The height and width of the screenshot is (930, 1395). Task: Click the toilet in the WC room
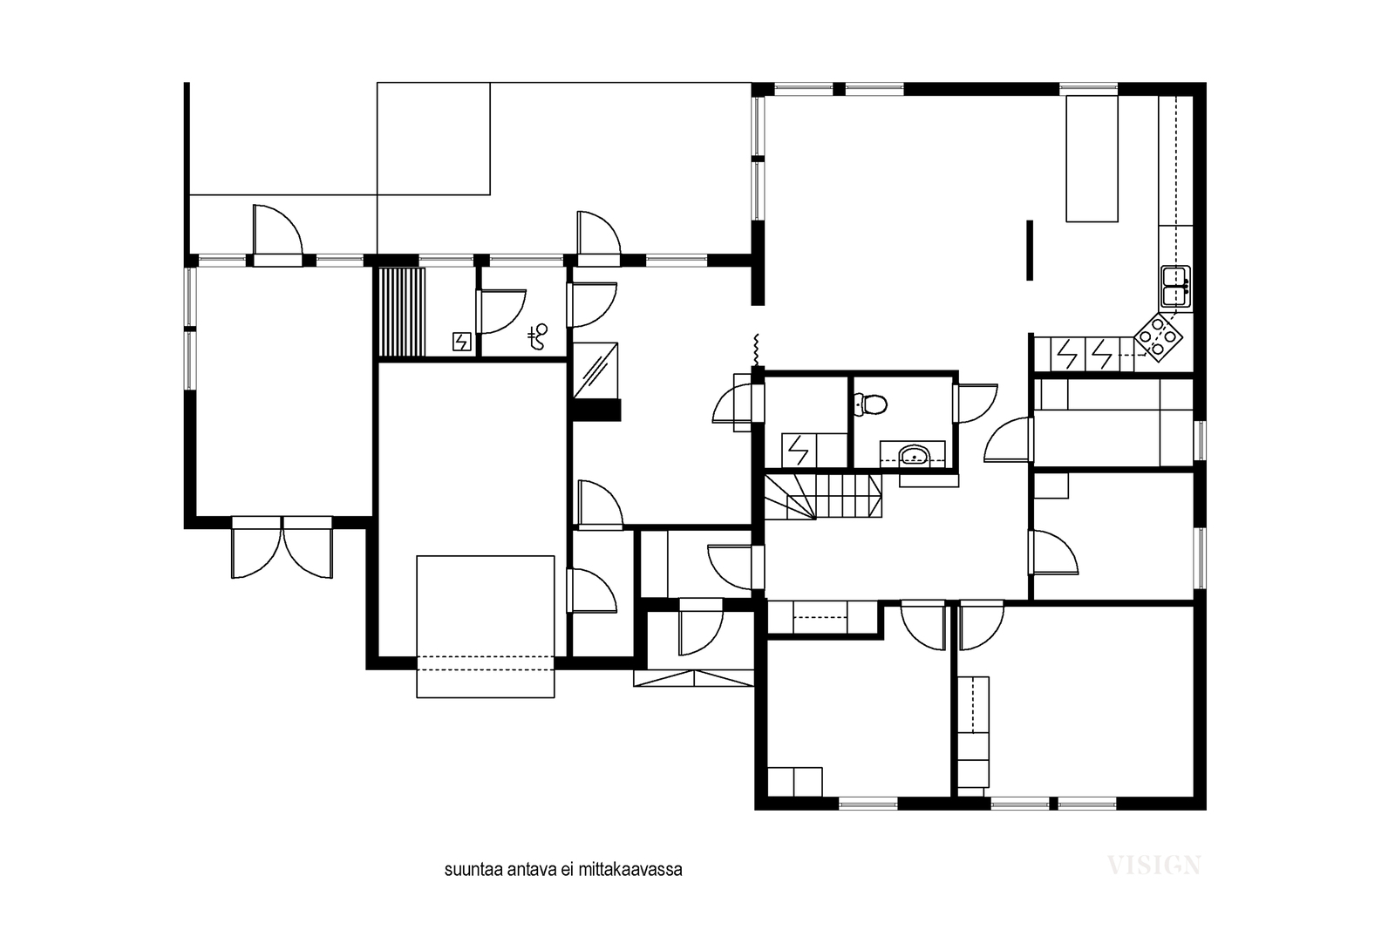click(x=871, y=404)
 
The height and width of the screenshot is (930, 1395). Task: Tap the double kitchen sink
click(x=1176, y=287)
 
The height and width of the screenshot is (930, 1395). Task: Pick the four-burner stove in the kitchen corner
click(x=1158, y=336)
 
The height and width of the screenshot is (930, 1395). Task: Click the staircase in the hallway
click(x=823, y=496)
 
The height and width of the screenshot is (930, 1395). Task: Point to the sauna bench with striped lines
click(x=402, y=312)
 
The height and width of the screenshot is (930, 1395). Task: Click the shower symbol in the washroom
click(x=537, y=336)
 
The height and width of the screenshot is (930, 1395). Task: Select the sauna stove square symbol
click(x=461, y=342)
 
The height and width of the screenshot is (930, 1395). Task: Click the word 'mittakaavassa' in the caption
click(x=630, y=870)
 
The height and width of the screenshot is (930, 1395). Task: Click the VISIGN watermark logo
click(x=1153, y=866)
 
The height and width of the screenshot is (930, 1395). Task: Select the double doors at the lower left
click(x=282, y=547)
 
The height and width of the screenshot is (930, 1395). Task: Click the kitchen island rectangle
click(x=1092, y=159)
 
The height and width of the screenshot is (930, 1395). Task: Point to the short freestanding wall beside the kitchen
click(x=1030, y=250)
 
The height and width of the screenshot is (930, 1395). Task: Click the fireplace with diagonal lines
click(x=596, y=370)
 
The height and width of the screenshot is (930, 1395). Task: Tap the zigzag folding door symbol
click(x=757, y=350)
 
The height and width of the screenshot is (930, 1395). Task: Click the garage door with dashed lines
click(x=485, y=663)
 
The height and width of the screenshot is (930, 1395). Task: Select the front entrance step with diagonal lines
click(x=694, y=678)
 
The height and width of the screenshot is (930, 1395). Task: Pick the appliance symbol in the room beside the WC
click(x=798, y=450)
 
